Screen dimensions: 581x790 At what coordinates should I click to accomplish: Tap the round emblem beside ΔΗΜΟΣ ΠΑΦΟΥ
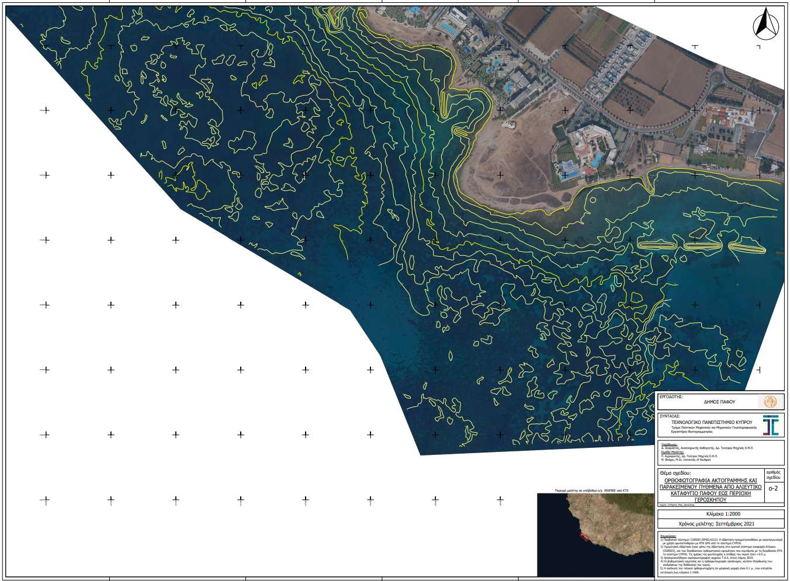click(770, 402)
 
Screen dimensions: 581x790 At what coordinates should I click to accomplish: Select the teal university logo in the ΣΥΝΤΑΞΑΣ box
click(771, 425)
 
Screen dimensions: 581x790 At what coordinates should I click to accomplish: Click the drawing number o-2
click(773, 488)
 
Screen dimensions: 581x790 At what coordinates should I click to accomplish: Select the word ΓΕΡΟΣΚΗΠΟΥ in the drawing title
click(711, 500)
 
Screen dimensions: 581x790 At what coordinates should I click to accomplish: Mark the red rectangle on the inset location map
click(584, 536)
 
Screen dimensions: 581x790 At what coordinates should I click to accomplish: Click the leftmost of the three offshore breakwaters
click(659, 245)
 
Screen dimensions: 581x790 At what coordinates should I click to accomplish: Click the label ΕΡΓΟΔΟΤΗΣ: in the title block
click(670, 396)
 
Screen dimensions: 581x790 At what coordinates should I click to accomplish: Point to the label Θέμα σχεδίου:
click(675, 472)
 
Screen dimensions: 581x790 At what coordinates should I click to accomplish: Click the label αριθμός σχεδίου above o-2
click(773, 474)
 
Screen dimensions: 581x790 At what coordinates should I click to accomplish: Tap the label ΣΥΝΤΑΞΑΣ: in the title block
click(670, 416)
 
